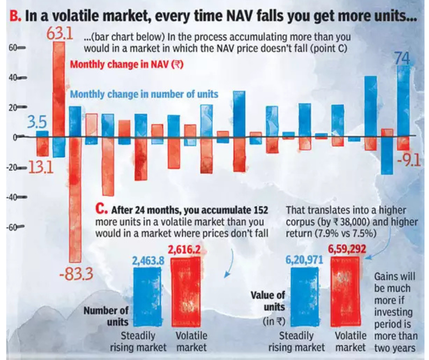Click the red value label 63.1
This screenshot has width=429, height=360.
[60, 34]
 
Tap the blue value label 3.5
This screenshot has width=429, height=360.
[36, 124]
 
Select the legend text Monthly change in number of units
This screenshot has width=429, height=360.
[144, 94]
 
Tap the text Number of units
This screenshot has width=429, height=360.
[106, 315]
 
